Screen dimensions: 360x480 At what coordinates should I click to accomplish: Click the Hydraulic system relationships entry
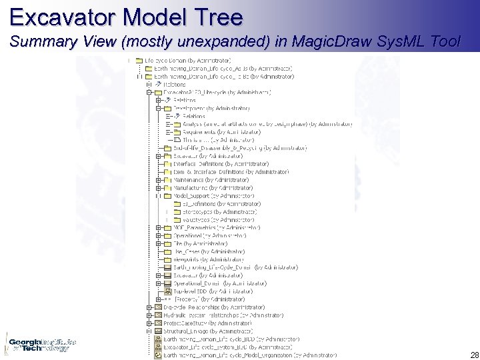click(x=213, y=315)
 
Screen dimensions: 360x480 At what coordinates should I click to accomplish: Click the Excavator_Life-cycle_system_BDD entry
click(x=227, y=347)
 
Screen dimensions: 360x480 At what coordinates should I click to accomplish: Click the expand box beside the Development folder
click(x=159, y=108)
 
